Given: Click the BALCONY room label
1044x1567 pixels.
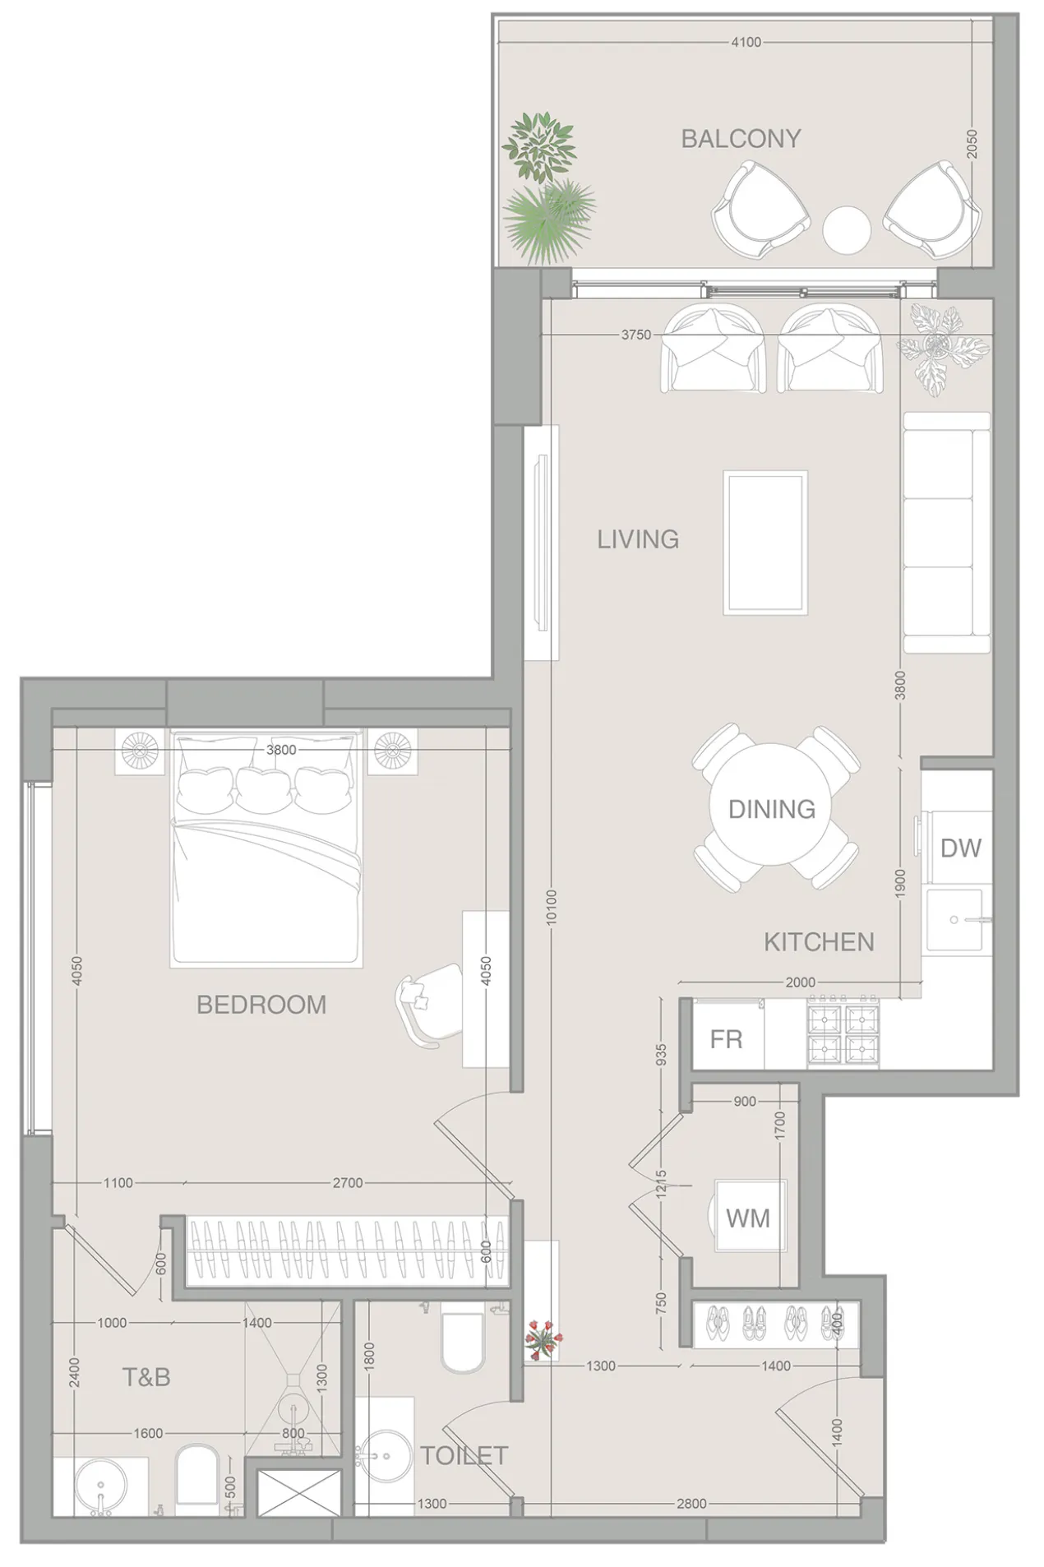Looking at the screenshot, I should [x=741, y=139].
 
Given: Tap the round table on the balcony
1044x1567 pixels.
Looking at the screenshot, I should [x=846, y=229].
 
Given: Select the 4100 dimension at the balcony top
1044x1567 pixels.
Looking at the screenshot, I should [x=746, y=42].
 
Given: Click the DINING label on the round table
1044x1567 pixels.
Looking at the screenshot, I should [x=772, y=809].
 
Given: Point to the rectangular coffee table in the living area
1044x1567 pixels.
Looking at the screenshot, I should [x=765, y=543].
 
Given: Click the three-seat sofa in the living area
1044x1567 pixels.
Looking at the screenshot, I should [x=945, y=533].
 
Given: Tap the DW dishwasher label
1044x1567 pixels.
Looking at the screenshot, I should [x=960, y=848].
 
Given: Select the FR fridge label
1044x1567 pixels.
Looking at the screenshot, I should [x=726, y=1039].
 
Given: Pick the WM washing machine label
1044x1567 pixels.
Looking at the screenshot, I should [x=748, y=1218].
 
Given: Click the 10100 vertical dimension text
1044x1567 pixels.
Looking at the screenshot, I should [x=552, y=907].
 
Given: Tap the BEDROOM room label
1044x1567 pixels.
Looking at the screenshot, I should [x=261, y=1005].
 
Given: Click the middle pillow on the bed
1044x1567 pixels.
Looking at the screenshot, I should [x=265, y=788].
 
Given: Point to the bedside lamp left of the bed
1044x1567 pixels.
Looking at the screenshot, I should [x=140, y=750].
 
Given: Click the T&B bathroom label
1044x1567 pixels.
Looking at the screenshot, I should [x=146, y=1377].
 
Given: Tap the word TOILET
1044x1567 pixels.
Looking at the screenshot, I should [x=464, y=1456].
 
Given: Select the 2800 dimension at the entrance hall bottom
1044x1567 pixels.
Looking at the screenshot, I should [x=691, y=1504].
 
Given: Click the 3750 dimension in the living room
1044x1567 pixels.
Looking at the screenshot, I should [x=635, y=335].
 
